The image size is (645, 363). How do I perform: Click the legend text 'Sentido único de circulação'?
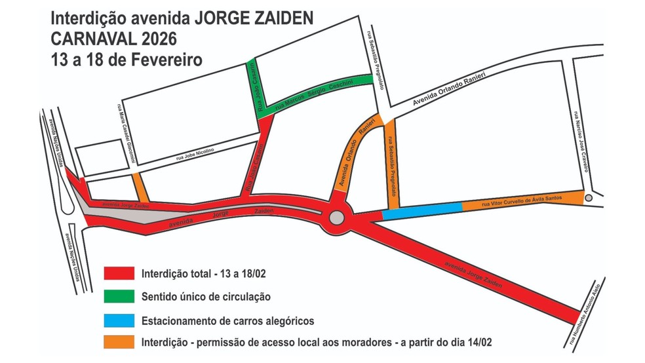pos(206,297)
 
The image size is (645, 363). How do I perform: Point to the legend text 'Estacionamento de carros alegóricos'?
pos(227,321)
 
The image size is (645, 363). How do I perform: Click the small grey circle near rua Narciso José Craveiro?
pos(589,197)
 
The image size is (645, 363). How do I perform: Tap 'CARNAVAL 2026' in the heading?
pos(113,37)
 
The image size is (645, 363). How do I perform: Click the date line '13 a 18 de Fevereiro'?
pos(127,58)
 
